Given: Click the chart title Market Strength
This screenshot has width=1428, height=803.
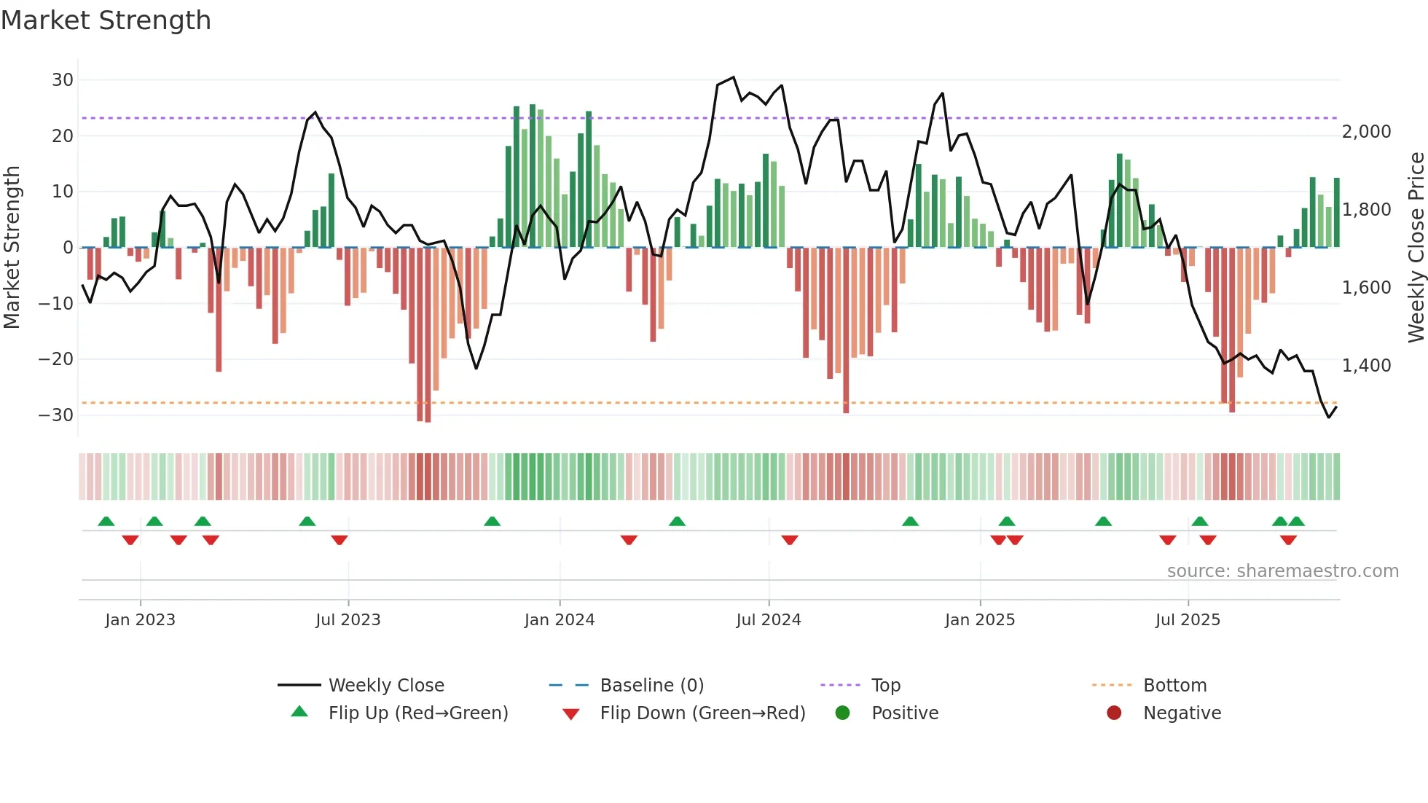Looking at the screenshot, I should point(106,20).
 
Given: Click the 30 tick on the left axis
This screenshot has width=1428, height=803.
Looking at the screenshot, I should point(63,80).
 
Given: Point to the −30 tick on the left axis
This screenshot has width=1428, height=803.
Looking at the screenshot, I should point(56,415).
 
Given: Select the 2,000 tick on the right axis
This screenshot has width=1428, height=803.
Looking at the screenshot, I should point(1366,132).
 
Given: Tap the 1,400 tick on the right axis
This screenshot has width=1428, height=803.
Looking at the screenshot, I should point(1366,366).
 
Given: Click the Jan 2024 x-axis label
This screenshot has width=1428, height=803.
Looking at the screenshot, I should point(559,620).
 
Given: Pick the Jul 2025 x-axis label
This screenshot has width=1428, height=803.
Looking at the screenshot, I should point(1187,620).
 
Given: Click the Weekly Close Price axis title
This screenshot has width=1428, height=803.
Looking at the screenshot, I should point(1416,248).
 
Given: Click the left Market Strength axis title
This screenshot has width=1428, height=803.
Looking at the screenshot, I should point(12,248).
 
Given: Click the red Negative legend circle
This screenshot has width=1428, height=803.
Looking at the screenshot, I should point(1113,713).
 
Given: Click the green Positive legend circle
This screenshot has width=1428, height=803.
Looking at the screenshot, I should point(842,713).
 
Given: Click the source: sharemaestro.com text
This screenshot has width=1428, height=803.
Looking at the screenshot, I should point(1282,571).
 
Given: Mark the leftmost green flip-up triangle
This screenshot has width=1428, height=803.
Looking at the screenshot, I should point(106,522).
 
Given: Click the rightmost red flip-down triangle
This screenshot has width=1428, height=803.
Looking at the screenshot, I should point(1287,540).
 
